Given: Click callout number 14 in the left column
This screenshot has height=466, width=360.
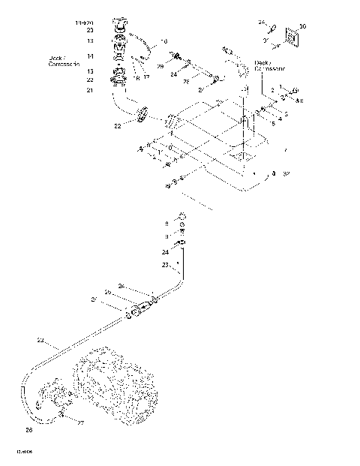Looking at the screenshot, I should pyautogui.click(x=90, y=56).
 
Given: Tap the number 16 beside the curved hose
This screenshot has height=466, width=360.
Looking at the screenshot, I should pyautogui.click(x=165, y=41).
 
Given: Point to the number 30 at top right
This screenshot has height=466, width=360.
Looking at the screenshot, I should pyautogui.click(x=302, y=26).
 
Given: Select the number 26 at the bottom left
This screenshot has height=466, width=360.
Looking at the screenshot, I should pyautogui.click(x=28, y=430).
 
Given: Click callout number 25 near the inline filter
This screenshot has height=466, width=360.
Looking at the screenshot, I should pyautogui.click(x=107, y=291).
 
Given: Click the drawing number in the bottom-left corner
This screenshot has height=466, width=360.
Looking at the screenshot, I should pyautogui.click(x=24, y=452).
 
